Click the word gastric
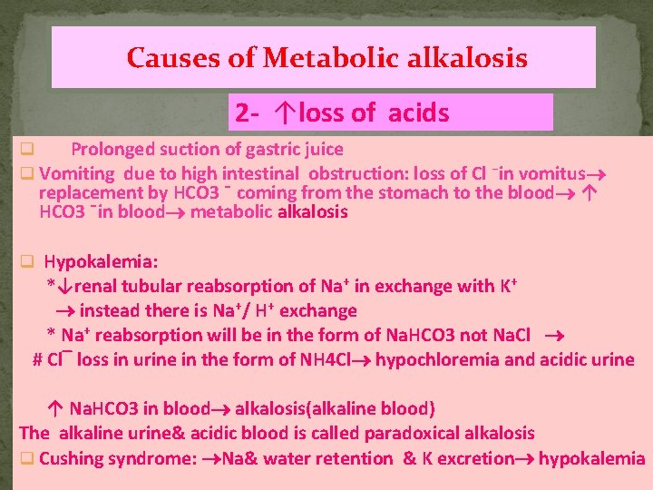coord(259,149)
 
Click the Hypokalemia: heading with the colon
coord(102,262)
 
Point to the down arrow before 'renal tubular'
coord(62,287)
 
